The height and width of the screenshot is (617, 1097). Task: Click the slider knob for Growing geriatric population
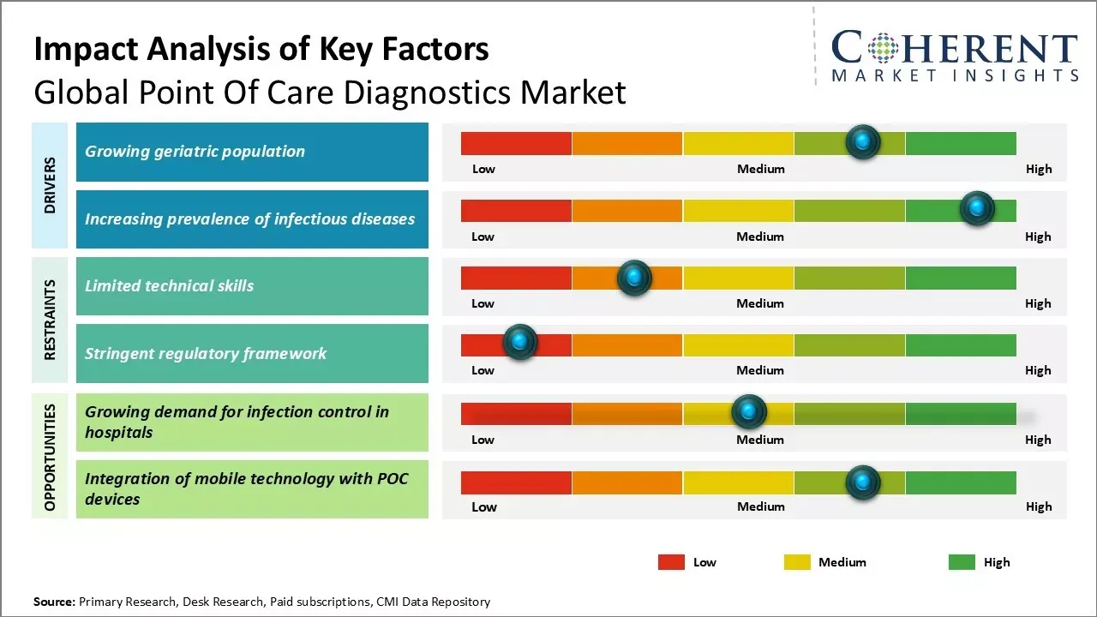(862, 141)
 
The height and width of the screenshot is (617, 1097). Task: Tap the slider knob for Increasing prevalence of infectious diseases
(976, 208)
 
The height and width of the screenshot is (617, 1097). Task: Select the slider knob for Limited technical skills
(634, 277)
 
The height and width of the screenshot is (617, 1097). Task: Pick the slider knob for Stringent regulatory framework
(519, 342)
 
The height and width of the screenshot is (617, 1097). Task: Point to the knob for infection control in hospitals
(749, 412)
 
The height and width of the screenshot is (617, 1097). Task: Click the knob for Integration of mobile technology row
(862, 482)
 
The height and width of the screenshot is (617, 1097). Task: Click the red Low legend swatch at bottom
(671, 562)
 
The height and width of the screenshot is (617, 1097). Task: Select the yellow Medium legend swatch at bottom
(797, 562)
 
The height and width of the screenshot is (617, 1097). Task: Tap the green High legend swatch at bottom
(962, 562)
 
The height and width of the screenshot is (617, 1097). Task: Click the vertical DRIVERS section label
(50, 185)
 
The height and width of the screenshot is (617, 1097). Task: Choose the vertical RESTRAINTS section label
(50, 320)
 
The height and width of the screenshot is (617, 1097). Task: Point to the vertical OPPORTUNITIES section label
(50, 457)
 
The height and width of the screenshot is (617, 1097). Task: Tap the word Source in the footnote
(53, 602)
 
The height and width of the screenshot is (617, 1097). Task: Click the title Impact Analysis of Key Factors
(261, 49)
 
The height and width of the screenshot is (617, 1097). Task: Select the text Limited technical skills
(169, 286)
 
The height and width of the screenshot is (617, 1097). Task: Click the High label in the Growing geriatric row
(1038, 169)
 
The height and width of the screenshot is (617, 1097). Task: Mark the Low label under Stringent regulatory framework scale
(483, 370)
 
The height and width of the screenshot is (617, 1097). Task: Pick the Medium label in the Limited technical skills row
(760, 303)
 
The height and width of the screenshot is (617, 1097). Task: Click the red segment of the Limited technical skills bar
(516, 278)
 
